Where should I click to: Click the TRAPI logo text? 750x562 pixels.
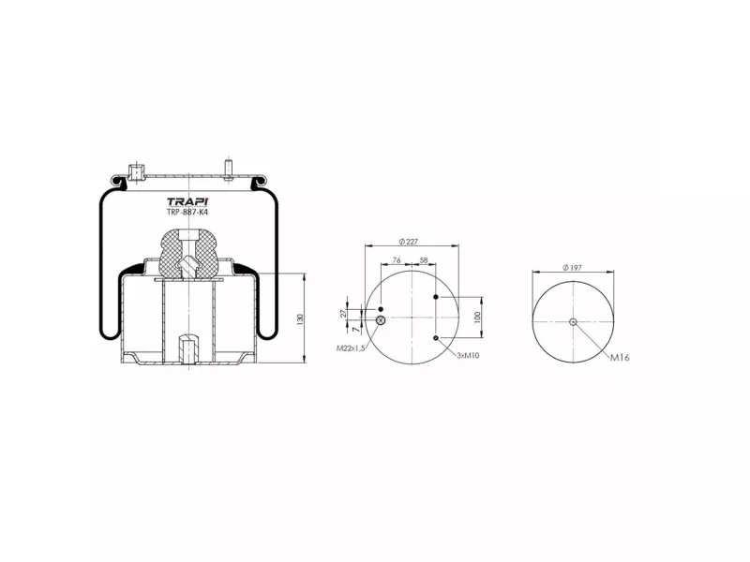click(x=187, y=201)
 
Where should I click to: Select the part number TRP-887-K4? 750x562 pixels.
click(x=187, y=213)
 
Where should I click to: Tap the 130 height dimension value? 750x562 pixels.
click(x=300, y=319)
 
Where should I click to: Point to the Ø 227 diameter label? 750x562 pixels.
click(x=408, y=242)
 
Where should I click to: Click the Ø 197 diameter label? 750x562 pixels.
click(x=572, y=268)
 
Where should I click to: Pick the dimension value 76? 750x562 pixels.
click(x=396, y=260)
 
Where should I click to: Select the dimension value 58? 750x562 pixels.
click(x=424, y=260)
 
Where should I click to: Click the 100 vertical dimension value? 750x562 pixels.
click(x=477, y=318)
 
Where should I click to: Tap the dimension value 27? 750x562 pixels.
click(x=342, y=314)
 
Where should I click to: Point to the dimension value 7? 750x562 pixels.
click(x=355, y=330)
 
